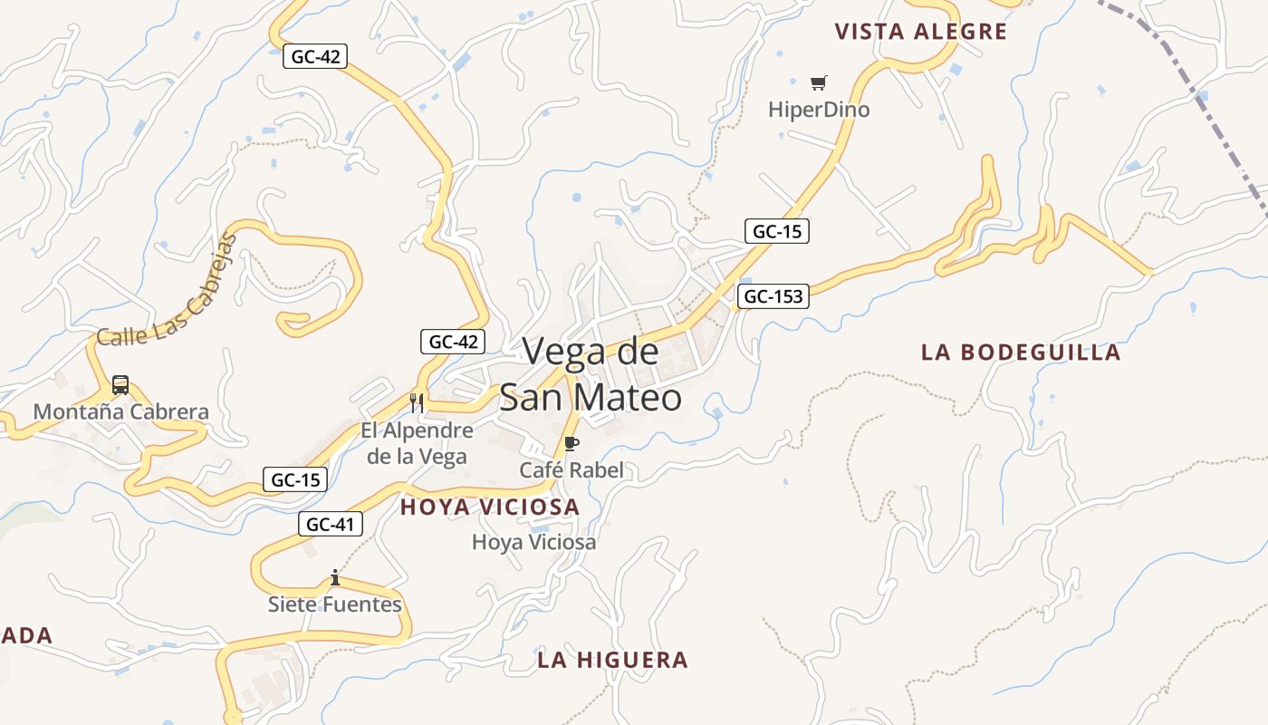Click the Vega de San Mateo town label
[x=591, y=374]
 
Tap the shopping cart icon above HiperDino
[x=819, y=83]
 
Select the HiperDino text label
[x=819, y=110]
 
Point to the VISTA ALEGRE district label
[x=920, y=32]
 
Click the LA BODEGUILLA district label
[x=1021, y=352]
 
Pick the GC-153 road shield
[x=773, y=296]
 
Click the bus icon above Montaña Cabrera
[x=120, y=385]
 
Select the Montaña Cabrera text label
[x=120, y=411]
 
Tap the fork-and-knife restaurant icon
[x=417, y=403]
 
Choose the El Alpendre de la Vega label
[x=417, y=442]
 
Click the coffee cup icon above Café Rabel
[x=571, y=443]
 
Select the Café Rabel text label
[x=571, y=469]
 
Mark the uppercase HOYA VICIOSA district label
[x=489, y=507]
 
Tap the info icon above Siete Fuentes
[x=335, y=577]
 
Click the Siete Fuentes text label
[x=335, y=604]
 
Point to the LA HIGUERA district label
[x=612, y=660]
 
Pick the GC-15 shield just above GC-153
[x=777, y=231]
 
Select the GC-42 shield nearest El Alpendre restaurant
[x=453, y=342]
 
